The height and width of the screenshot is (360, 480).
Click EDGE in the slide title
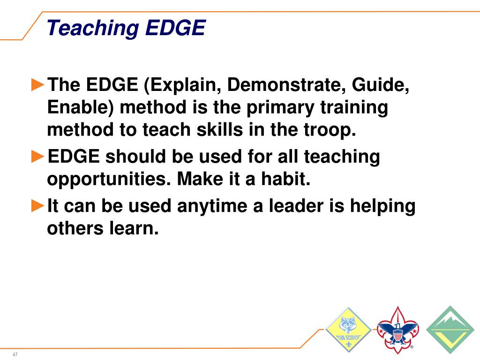(x=175, y=28)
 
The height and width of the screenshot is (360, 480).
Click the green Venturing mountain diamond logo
(x=450, y=330)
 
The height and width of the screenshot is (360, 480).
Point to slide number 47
(x=15, y=354)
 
